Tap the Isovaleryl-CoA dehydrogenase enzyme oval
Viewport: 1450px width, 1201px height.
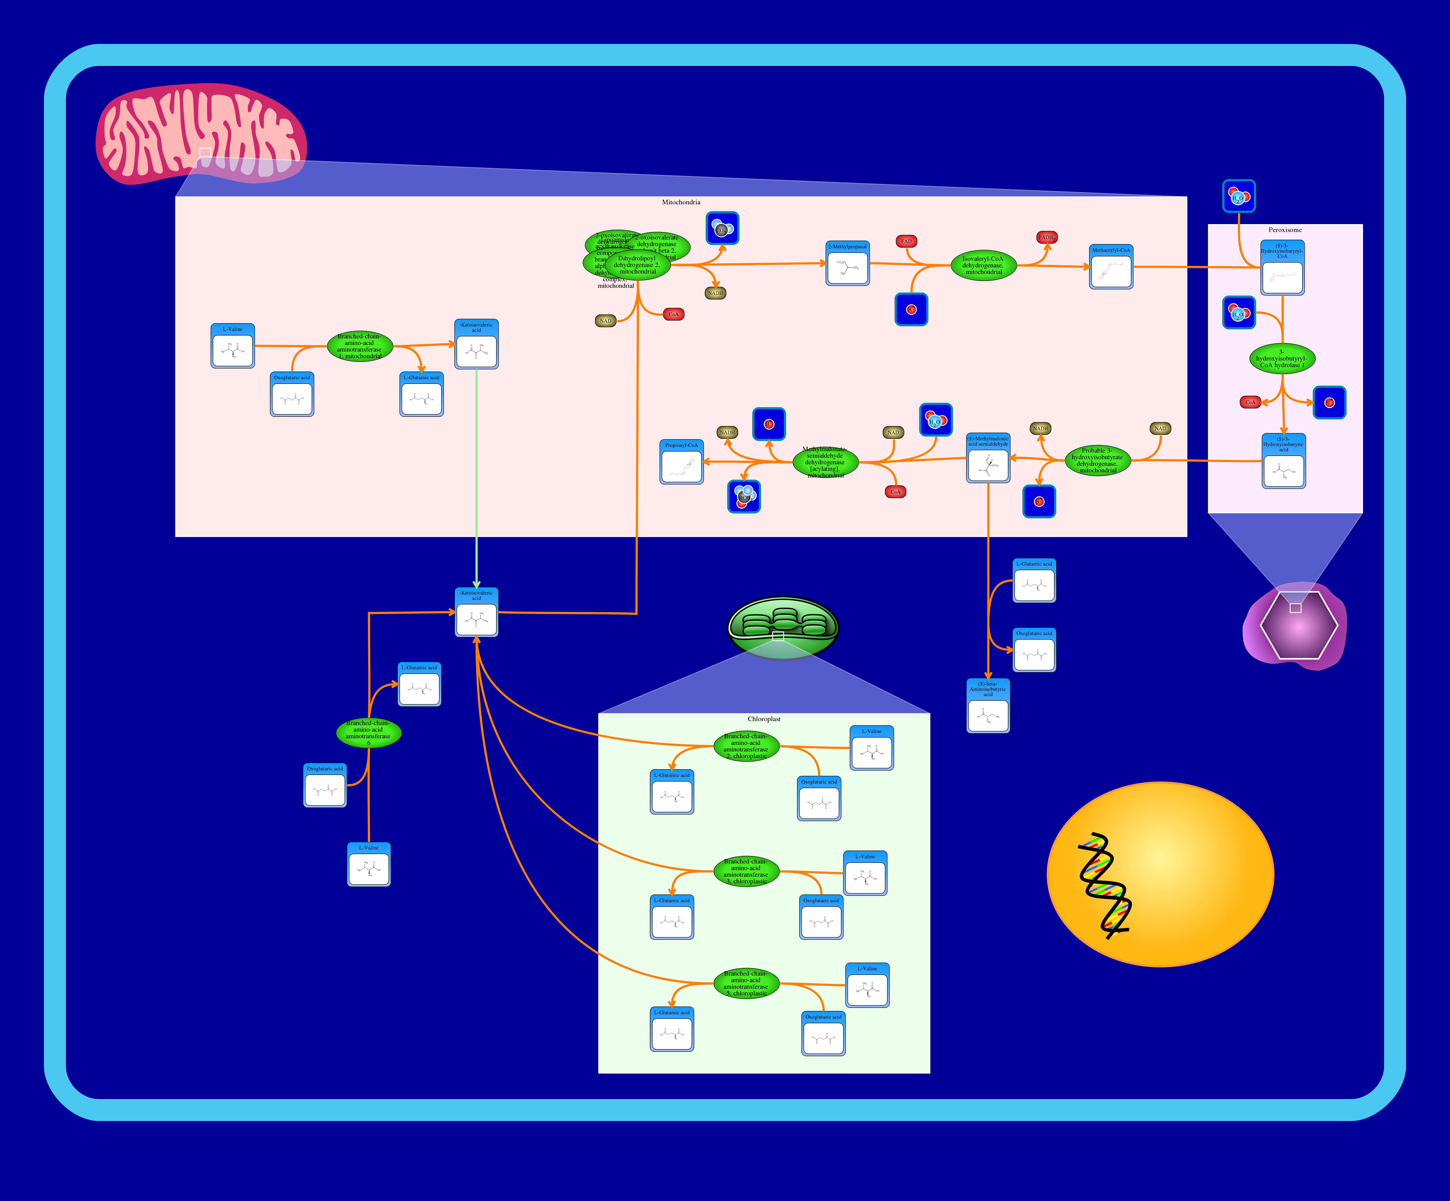[983, 265]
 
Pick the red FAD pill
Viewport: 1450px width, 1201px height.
[906, 241]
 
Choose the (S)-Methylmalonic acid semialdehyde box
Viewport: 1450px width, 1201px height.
[987, 458]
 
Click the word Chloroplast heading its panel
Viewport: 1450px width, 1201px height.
[764, 719]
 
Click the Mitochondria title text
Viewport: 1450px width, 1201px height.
[681, 202]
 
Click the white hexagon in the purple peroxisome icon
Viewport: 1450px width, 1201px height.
[1298, 625]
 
